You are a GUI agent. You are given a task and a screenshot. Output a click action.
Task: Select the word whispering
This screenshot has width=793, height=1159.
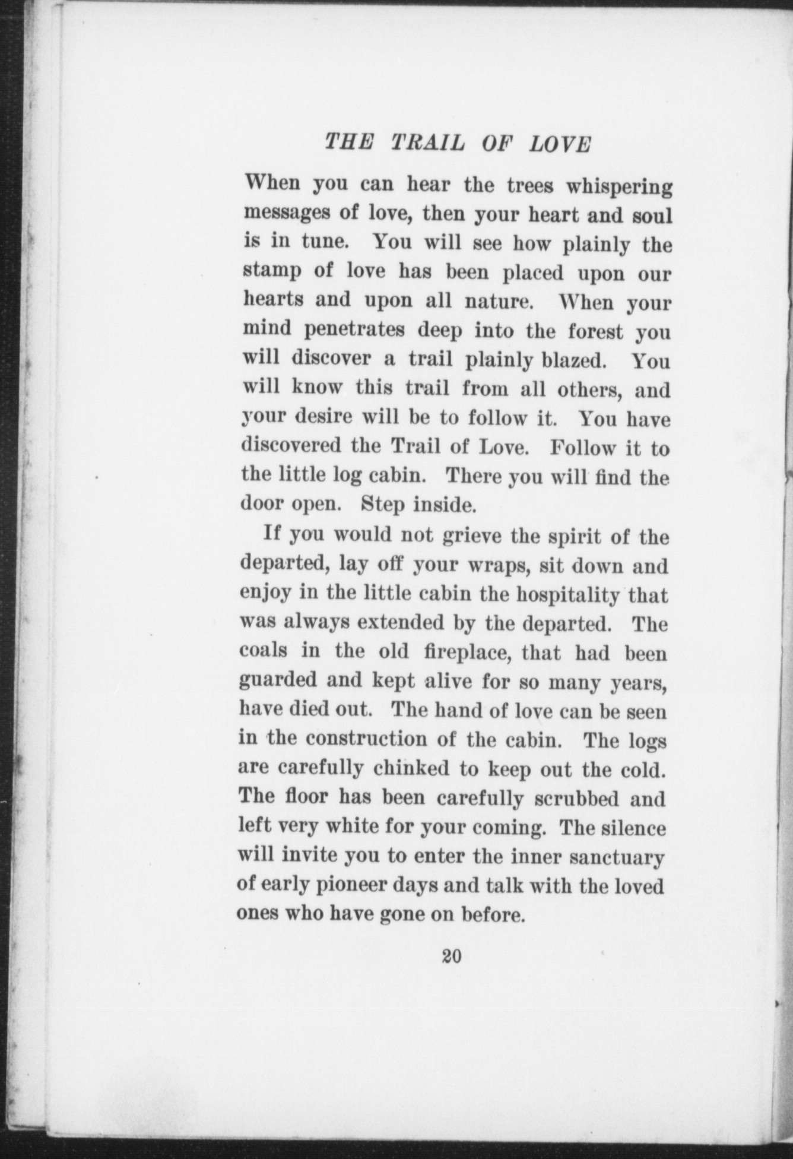pos(618,188)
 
